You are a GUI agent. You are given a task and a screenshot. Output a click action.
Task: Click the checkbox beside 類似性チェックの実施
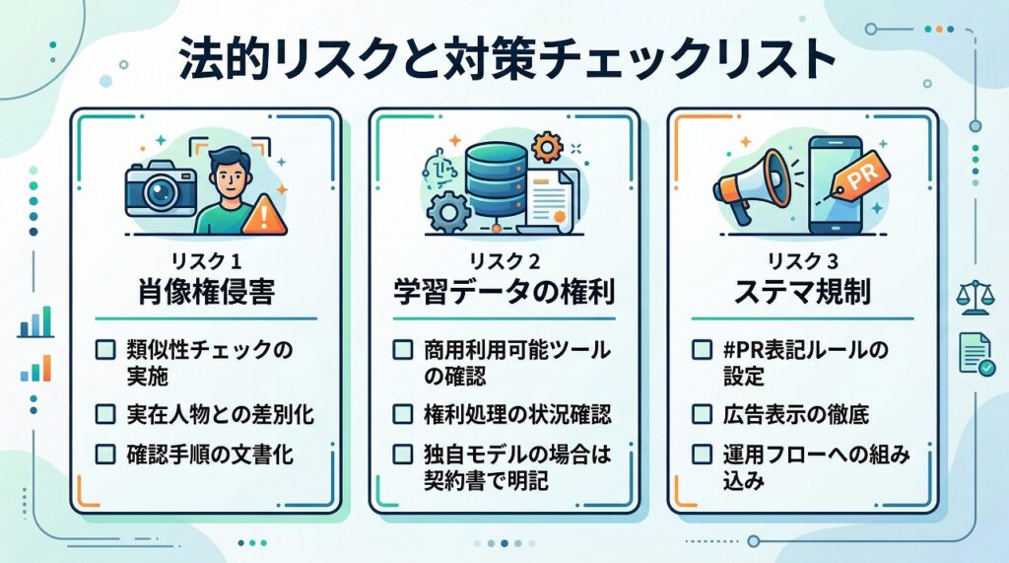(x=104, y=350)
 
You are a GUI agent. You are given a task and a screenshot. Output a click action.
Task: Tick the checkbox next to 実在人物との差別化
(x=104, y=413)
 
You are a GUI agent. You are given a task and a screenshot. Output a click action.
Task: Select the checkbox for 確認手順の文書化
(x=104, y=455)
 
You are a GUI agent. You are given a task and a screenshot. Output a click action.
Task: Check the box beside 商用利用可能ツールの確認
(x=403, y=350)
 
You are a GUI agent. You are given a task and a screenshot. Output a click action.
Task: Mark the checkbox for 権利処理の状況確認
(x=403, y=413)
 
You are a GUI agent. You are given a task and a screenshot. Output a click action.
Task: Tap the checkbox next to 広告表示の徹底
(x=702, y=413)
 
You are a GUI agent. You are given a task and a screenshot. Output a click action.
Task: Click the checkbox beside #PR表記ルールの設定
(x=702, y=350)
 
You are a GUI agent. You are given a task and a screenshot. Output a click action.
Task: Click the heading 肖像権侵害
(x=206, y=292)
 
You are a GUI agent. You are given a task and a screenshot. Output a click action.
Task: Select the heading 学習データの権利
(x=504, y=292)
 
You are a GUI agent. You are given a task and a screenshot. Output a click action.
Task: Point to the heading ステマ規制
(x=802, y=292)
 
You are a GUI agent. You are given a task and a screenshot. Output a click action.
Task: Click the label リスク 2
(x=504, y=261)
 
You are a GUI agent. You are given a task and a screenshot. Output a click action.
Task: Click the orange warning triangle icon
(x=264, y=215)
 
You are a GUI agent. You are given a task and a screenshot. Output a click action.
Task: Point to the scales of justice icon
(x=975, y=298)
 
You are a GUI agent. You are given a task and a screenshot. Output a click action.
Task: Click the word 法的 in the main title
(x=224, y=59)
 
